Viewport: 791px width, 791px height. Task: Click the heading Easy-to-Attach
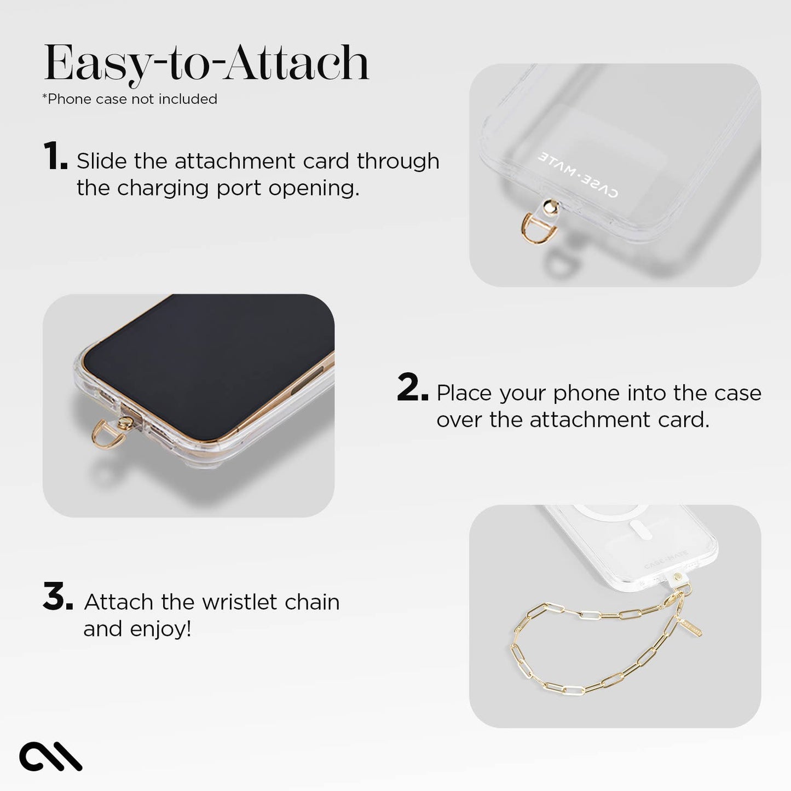[x=206, y=63]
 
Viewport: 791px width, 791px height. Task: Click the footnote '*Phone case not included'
[x=130, y=99]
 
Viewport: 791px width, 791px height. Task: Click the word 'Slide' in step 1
[x=101, y=161]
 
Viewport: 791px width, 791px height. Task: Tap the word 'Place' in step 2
[x=464, y=393]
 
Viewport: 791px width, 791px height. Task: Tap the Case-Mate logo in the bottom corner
[x=50, y=757]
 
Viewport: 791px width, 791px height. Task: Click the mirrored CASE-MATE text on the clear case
[x=578, y=174]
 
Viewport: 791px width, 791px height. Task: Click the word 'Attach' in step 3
[x=118, y=602]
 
